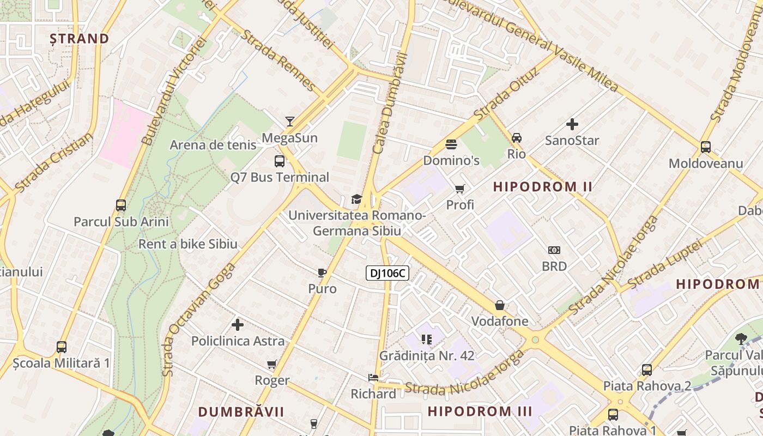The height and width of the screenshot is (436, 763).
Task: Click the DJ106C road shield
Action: [x=387, y=274]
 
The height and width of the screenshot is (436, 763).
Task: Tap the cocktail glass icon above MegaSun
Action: [x=289, y=122]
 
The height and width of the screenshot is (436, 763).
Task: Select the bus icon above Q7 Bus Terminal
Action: [x=280, y=161]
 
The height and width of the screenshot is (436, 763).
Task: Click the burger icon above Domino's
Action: [x=451, y=144]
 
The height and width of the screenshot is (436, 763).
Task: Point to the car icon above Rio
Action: [x=516, y=138]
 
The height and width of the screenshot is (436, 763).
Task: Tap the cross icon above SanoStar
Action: [x=572, y=124]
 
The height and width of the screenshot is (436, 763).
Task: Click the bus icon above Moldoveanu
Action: [x=705, y=147]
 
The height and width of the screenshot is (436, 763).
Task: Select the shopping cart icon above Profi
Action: [x=460, y=189]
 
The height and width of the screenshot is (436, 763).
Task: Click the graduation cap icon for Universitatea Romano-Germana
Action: [x=356, y=199]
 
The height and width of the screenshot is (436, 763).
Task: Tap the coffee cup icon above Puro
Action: [x=322, y=272]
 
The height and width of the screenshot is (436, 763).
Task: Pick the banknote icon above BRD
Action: [x=554, y=250]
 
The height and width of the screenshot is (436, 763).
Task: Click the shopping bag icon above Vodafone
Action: [x=500, y=305]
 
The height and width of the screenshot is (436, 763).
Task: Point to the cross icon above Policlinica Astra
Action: [x=238, y=325]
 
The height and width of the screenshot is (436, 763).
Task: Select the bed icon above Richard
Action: [x=373, y=377]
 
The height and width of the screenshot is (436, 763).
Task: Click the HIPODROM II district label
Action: [x=542, y=187]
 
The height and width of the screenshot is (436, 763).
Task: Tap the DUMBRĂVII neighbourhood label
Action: [x=241, y=411]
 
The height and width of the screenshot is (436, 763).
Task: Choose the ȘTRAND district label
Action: [x=80, y=39]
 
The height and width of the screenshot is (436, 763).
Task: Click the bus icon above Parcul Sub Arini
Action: [x=121, y=205]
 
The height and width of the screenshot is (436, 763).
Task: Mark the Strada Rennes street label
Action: [x=278, y=61]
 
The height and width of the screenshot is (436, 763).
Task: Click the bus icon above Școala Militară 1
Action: [x=62, y=347]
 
